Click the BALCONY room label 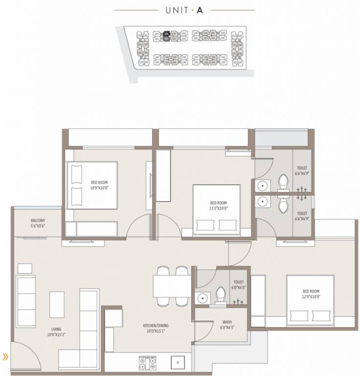(37, 221)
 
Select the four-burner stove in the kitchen (147, 363)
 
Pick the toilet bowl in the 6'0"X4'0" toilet (220, 296)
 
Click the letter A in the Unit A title (200, 9)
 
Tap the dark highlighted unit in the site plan (167, 34)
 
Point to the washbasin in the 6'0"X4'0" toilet (202, 298)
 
